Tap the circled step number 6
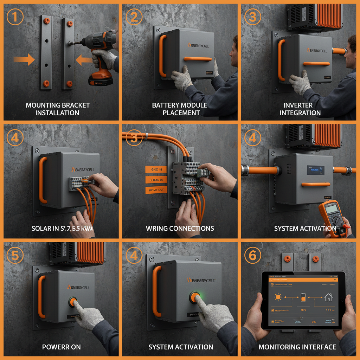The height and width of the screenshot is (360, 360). point(252,256)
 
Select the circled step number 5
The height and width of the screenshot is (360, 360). point(15,256)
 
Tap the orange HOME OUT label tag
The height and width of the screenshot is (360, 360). point(156,190)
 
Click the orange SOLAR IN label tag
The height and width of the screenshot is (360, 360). point(156,180)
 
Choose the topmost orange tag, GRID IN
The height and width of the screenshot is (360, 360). point(156,169)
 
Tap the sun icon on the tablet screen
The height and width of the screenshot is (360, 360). point(278,297)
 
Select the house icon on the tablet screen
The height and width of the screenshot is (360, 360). point(328,297)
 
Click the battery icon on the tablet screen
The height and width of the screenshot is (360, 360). point(303,297)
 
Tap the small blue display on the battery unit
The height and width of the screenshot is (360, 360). point(315,170)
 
